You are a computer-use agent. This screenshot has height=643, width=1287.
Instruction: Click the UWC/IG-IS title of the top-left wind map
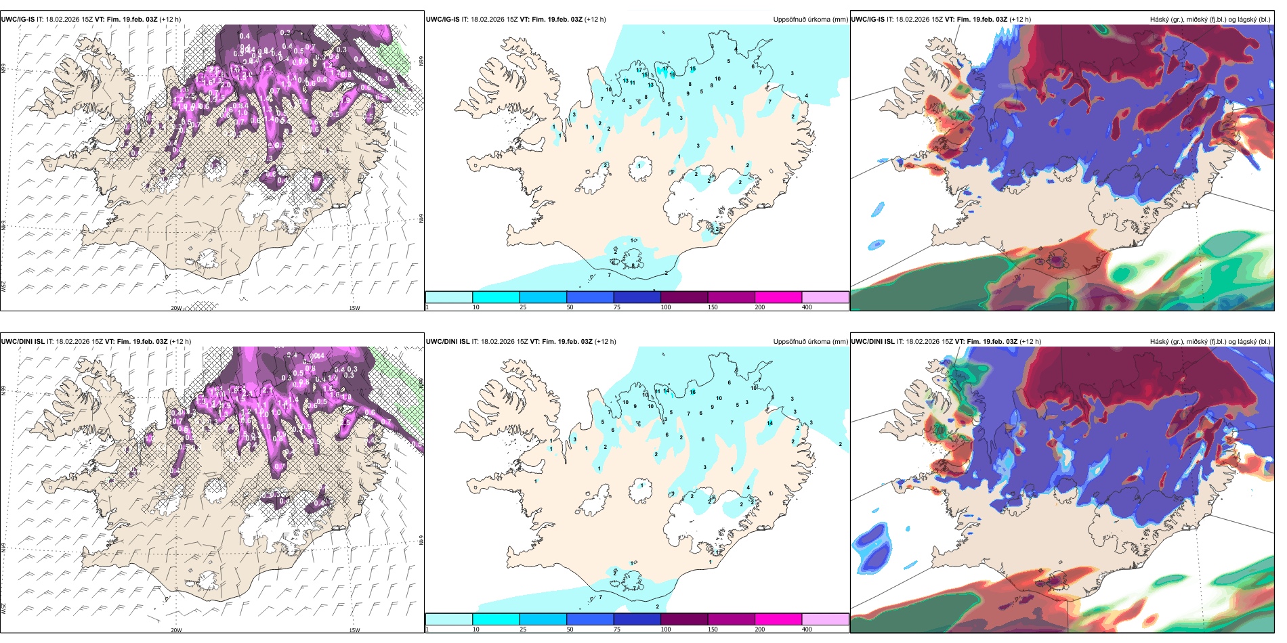point(18,20)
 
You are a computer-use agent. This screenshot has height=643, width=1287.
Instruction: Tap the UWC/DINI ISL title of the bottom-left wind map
point(23,342)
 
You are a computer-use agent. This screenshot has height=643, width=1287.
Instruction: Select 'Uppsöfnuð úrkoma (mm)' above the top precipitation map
point(810,20)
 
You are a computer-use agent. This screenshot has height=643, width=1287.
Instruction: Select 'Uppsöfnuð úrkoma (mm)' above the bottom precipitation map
point(810,342)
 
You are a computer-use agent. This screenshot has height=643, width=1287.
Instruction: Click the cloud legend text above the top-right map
point(1210,20)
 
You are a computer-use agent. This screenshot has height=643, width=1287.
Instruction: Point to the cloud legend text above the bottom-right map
point(1210,342)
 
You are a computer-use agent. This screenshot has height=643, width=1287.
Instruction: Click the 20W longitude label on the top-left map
point(176,308)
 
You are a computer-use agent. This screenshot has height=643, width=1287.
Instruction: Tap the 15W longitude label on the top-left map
point(354,308)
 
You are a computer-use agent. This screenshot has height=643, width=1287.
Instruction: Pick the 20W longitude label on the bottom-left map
point(176,630)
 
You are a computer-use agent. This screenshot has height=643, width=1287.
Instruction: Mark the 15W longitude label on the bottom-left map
point(354,630)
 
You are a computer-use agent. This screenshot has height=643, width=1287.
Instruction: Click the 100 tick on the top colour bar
point(666,307)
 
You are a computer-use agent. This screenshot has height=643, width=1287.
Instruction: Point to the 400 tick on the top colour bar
point(807,307)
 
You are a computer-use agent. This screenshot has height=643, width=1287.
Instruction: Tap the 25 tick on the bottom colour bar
point(523,629)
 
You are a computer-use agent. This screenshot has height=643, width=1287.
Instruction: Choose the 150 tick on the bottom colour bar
point(713,629)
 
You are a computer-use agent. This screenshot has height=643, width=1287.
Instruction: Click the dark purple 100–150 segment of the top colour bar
point(684,297)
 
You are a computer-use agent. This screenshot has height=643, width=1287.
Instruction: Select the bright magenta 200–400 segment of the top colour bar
point(778,297)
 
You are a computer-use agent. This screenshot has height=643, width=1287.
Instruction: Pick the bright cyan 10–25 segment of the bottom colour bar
point(496,619)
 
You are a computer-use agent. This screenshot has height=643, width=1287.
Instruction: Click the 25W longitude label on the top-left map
point(3,286)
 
